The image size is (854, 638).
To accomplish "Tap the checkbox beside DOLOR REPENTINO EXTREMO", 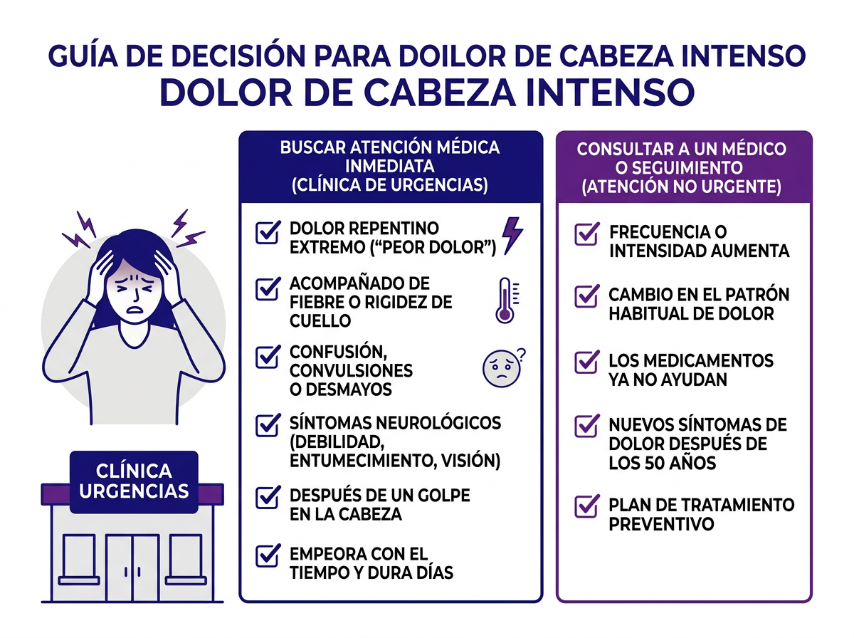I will (267, 233).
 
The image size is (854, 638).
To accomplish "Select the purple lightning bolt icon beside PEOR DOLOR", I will (512, 235).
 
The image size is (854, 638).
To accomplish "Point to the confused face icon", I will (498, 366).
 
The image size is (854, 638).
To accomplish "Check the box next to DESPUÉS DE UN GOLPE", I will (267, 497).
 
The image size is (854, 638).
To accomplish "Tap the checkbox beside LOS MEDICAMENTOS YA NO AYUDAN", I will (586, 362).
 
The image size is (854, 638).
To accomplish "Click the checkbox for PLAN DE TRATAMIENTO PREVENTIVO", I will (586, 506).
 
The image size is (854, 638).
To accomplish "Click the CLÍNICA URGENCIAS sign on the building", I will (134, 481).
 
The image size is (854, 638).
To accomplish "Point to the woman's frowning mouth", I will (132, 310).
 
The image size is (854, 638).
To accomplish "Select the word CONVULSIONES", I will (351, 371).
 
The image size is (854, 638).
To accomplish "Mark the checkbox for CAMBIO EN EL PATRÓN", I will (586, 296).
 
